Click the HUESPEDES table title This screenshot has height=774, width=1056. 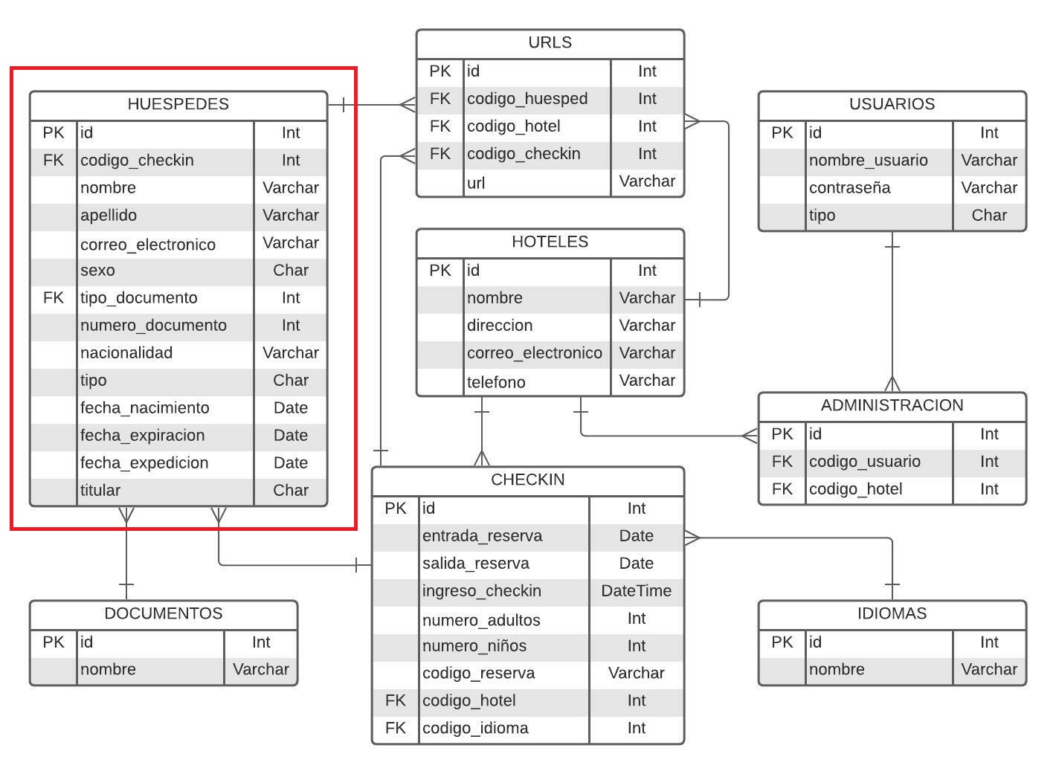[x=178, y=104]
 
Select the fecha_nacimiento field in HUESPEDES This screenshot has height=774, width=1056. [x=144, y=408]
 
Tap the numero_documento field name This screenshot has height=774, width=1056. [x=153, y=326]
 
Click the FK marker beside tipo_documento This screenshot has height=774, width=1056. [x=54, y=298]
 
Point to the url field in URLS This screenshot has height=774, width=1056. [x=476, y=183]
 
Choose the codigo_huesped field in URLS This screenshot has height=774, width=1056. [x=527, y=99]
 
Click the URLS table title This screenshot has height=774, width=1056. [x=550, y=42]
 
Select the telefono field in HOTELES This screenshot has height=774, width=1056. [x=496, y=382]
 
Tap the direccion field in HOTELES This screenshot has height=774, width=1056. [x=500, y=326]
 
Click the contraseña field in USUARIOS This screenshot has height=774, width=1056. [x=849, y=188]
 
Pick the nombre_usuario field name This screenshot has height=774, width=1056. [x=868, y=161]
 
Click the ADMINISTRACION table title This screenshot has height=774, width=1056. [x=892, y=405]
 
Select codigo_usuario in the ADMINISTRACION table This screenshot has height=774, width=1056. [x=864, y=462]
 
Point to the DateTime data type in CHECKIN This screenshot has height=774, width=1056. [x=636, y=591]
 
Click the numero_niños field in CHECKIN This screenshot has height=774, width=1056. [x=474, y=646]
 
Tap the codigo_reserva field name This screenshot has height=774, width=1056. [x=478, y=674]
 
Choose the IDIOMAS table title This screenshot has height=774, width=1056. [x=892, y=613]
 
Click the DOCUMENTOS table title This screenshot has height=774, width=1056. [x=163, y=613]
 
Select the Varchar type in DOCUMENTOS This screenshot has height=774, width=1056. [x=260, y=669]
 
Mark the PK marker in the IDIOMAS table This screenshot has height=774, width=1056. [x=782, y=642]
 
